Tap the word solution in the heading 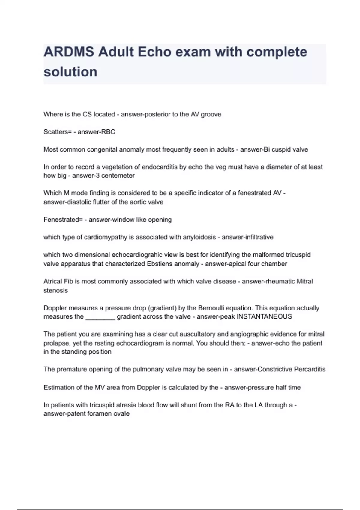click(x=70, y=72)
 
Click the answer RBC click(x=109, y=132)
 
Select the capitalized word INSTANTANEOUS click(x=264, y=317)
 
